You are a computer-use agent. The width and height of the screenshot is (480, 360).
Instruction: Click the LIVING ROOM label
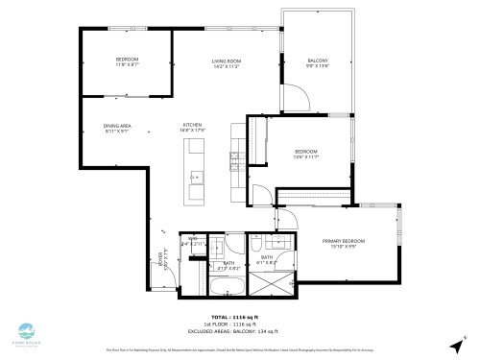(x=227, y=61)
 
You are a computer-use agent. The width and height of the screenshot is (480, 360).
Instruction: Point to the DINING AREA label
(x=118, y=126)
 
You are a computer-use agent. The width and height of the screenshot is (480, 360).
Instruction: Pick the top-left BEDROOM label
(x=128, y=60)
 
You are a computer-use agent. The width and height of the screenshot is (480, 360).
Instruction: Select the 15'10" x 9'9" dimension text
(x=346, y=247)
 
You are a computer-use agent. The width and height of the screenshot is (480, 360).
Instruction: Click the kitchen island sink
(x=195, y=177)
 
